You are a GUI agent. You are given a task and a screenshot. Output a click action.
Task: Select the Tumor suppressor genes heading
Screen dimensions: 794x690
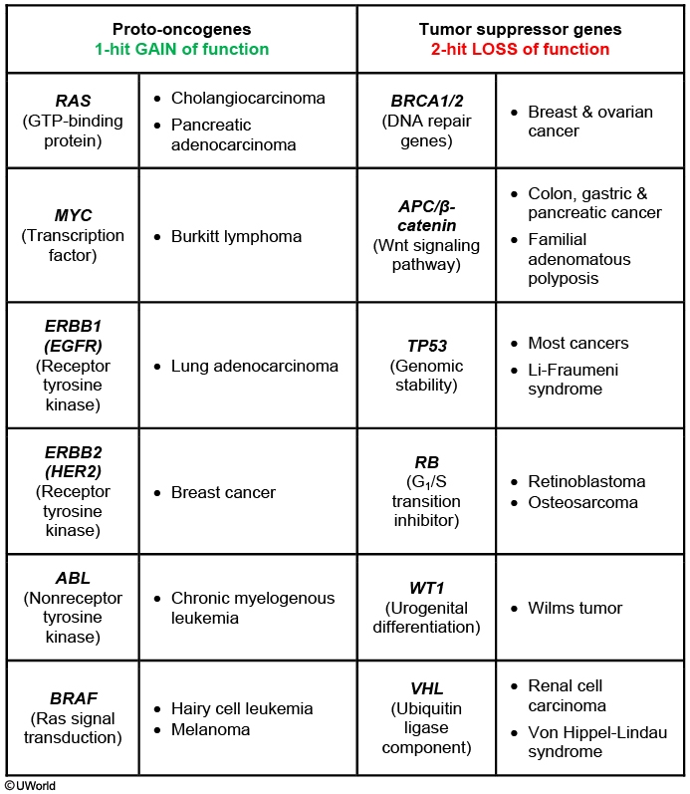click(x=522, y=29)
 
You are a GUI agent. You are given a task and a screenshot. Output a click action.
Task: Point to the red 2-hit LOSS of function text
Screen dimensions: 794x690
click(x=522, y=49)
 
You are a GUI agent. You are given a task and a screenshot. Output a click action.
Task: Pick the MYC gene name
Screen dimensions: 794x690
click(x=72, y=216)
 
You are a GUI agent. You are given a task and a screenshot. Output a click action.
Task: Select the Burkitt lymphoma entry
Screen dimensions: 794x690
click(x=236, y=237)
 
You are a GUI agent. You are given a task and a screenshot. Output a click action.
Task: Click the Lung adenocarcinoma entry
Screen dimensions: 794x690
click(x=254, y=366)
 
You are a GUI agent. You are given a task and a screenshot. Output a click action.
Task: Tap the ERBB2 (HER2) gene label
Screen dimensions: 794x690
click(x=72, y=462)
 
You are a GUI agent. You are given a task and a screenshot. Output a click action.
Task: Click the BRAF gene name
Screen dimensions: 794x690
click(x=72, y=698)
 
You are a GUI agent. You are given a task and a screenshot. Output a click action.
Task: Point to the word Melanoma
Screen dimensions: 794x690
click(x=210, y=729)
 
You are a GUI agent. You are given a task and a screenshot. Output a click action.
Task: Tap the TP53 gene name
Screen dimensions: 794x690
click(x=426, y=346)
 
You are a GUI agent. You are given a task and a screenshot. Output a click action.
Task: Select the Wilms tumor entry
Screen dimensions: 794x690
click(x=575, y=608)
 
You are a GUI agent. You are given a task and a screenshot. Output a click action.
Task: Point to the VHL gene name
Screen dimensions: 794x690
click(x=426, y=688)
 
